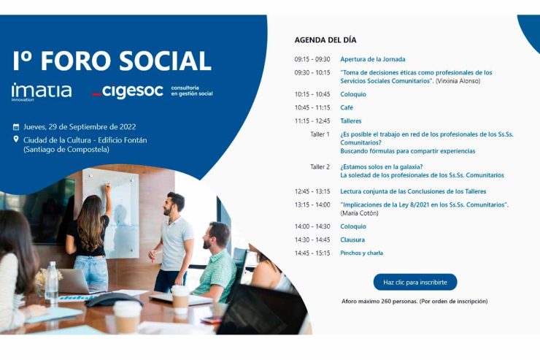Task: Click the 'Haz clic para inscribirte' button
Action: click(x=414, y=282)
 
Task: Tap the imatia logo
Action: click(x=42, y=91)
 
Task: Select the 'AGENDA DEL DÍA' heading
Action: click(x=325, y=40)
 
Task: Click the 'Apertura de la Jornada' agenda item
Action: click(x=372, y=59)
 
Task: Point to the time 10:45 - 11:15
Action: click(x=312, y=107)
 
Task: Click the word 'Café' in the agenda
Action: click(x=347, y=107)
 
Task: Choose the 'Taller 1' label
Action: click(x=320, y=134)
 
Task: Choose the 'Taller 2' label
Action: click(x=320, y=166)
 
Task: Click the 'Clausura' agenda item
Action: click(x=352, y=240)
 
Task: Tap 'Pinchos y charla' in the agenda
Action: click(x=361, y=253)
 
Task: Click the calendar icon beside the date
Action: click(x=16, y=126)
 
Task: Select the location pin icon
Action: click(x=16, y=139)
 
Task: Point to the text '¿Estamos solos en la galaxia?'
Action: click(x=380, y=166)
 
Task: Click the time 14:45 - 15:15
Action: click(x=312, y=253)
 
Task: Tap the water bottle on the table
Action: click(x=51, y=282)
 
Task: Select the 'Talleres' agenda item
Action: click(x=351, y=120)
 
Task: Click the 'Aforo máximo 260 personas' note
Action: click(x=414, y=301)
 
